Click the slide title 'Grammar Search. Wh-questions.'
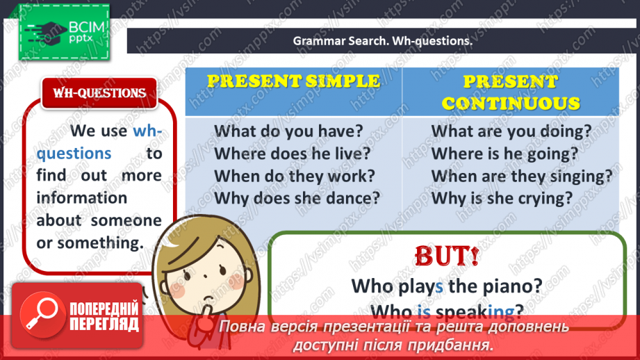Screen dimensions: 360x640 pos(382,41)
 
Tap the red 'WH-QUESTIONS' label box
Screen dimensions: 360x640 pos(99,93)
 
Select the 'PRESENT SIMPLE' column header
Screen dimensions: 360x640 pos(293,81)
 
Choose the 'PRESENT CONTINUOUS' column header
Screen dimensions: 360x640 pos(511,92)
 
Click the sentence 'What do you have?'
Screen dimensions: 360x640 pos(288,131)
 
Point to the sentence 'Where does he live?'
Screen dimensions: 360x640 pos(292,153)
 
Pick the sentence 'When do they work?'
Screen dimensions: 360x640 pos(295,175)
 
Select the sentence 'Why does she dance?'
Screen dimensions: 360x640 pos(297,197)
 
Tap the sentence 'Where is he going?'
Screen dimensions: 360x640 pos(504,153)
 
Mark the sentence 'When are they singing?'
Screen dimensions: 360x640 pos(522,175)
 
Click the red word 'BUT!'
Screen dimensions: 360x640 pos(446,256)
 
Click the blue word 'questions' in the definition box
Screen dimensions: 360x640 pos(74,153)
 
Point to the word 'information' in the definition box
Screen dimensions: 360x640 pos(82,197)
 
